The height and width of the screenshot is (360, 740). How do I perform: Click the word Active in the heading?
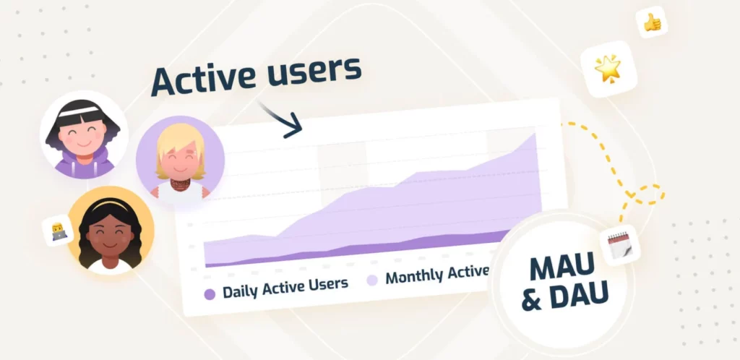(204, 80)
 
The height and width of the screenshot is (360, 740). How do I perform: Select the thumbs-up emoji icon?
(652, 22)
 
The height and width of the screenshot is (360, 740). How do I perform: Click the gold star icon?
(608, 69)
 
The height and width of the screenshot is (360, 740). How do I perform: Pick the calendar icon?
(619, 245)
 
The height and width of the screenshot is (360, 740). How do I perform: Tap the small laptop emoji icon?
(59, 231)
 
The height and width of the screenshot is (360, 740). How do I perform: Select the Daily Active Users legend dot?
(210, 294)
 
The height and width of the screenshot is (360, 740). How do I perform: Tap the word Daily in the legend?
(241, 291)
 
